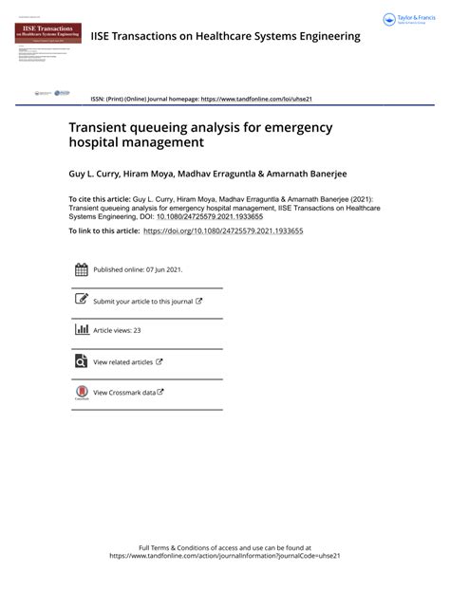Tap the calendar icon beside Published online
coord(81,270)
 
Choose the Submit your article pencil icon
coord(81,300)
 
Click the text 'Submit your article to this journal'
coord(142,301)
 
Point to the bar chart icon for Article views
coord(81,330)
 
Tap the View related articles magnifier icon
coord(81,360)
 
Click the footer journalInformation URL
coord(224,556)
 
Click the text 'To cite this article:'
coord(101,200)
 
